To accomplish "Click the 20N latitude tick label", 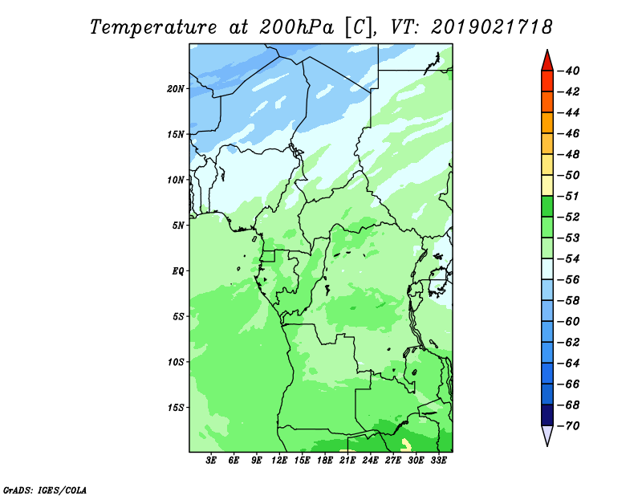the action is click(176, 89).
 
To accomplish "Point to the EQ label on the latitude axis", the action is click(178, 271).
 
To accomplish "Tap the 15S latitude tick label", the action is click(176, 408).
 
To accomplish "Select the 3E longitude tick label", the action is click(211, 460).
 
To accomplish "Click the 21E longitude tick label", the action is click(347, 460).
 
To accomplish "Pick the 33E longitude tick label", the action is click(438, 460).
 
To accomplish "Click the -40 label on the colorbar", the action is click(569, 71).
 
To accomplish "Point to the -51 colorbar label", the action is click(569, 196).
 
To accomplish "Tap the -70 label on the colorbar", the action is click(569, 426).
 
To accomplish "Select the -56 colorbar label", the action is click(569, 280).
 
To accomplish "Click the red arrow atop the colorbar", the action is click(547, 61).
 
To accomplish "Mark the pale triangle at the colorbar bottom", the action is click(547, 436).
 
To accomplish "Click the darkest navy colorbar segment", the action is click(547, 415).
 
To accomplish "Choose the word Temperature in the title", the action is click(153, 27).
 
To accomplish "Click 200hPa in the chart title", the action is click(297, 27).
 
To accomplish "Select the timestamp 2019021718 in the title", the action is click(492, 27).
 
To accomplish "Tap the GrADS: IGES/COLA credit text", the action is click(45, 490).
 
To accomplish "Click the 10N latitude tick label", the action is click(176, 180).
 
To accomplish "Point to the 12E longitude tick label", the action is click(279, 460).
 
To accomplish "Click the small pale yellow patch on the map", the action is click(406, 445).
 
